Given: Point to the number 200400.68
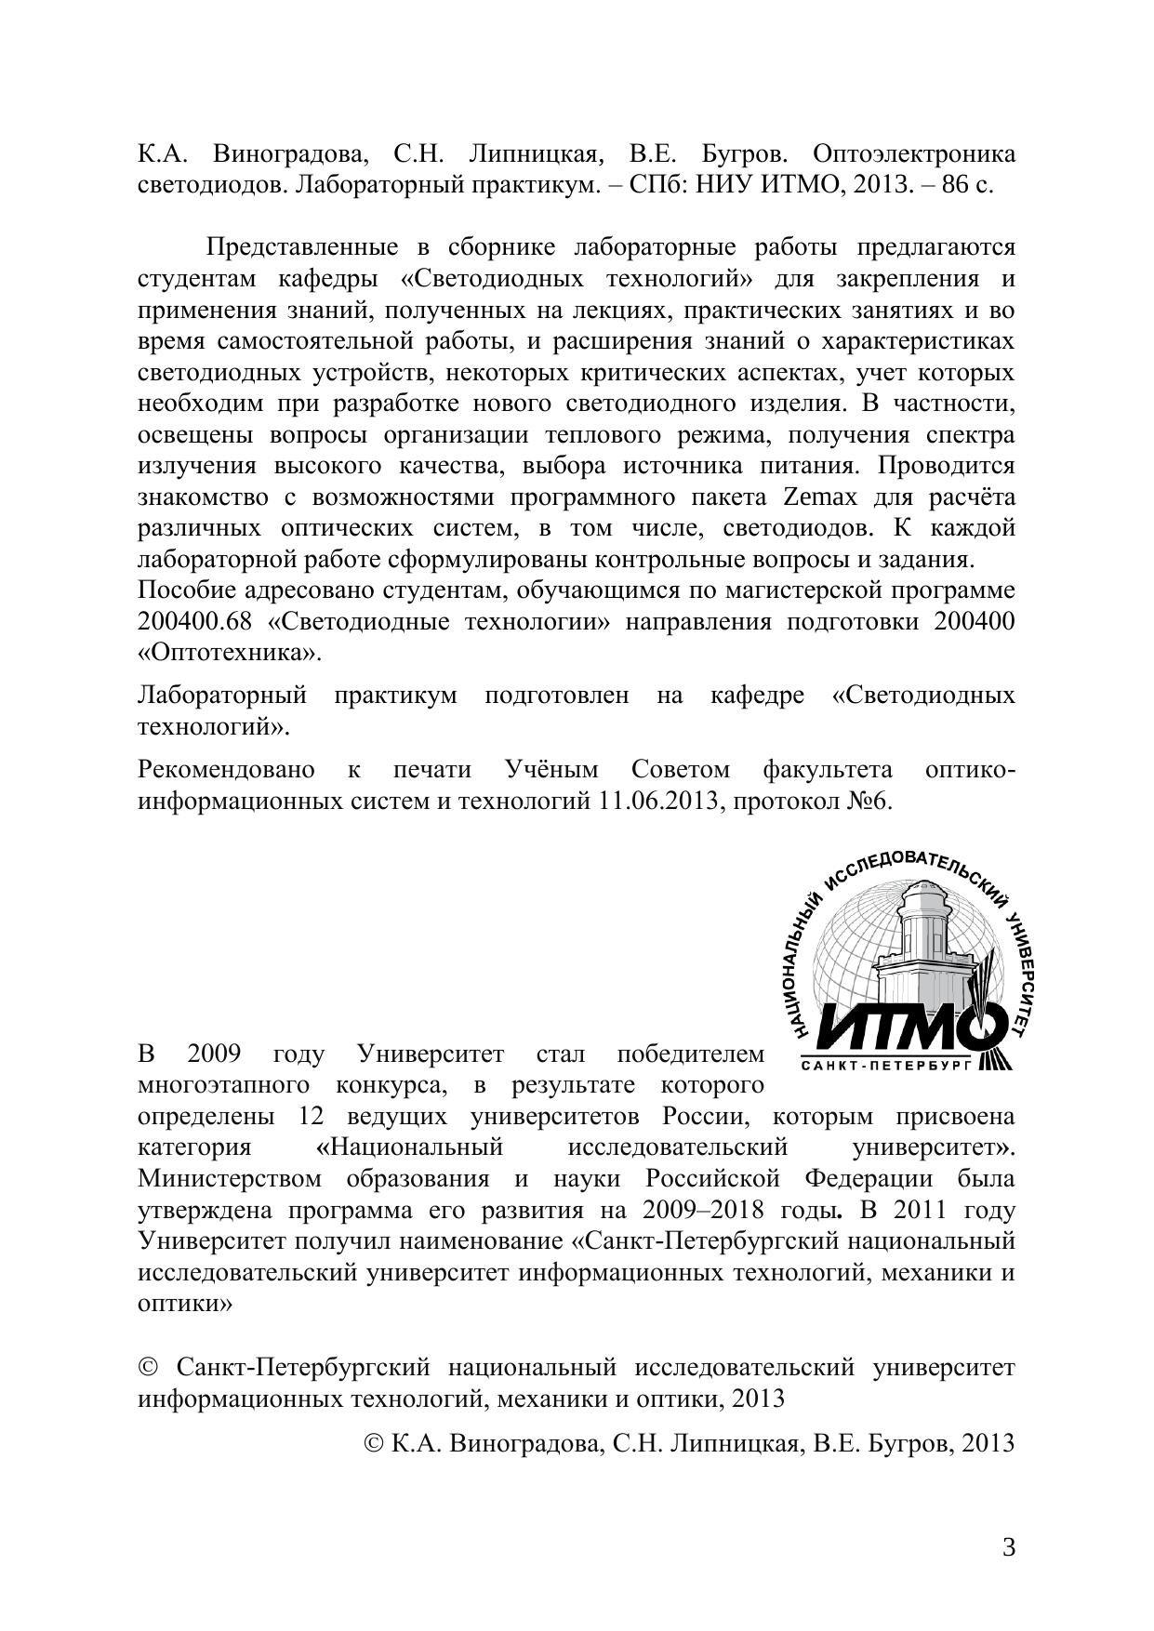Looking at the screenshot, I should coord(195,622).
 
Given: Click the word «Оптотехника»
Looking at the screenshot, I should coord(229,653).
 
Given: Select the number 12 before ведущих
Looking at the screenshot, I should coord(314,1116).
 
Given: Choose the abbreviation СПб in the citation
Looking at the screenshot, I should coord(651,184).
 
